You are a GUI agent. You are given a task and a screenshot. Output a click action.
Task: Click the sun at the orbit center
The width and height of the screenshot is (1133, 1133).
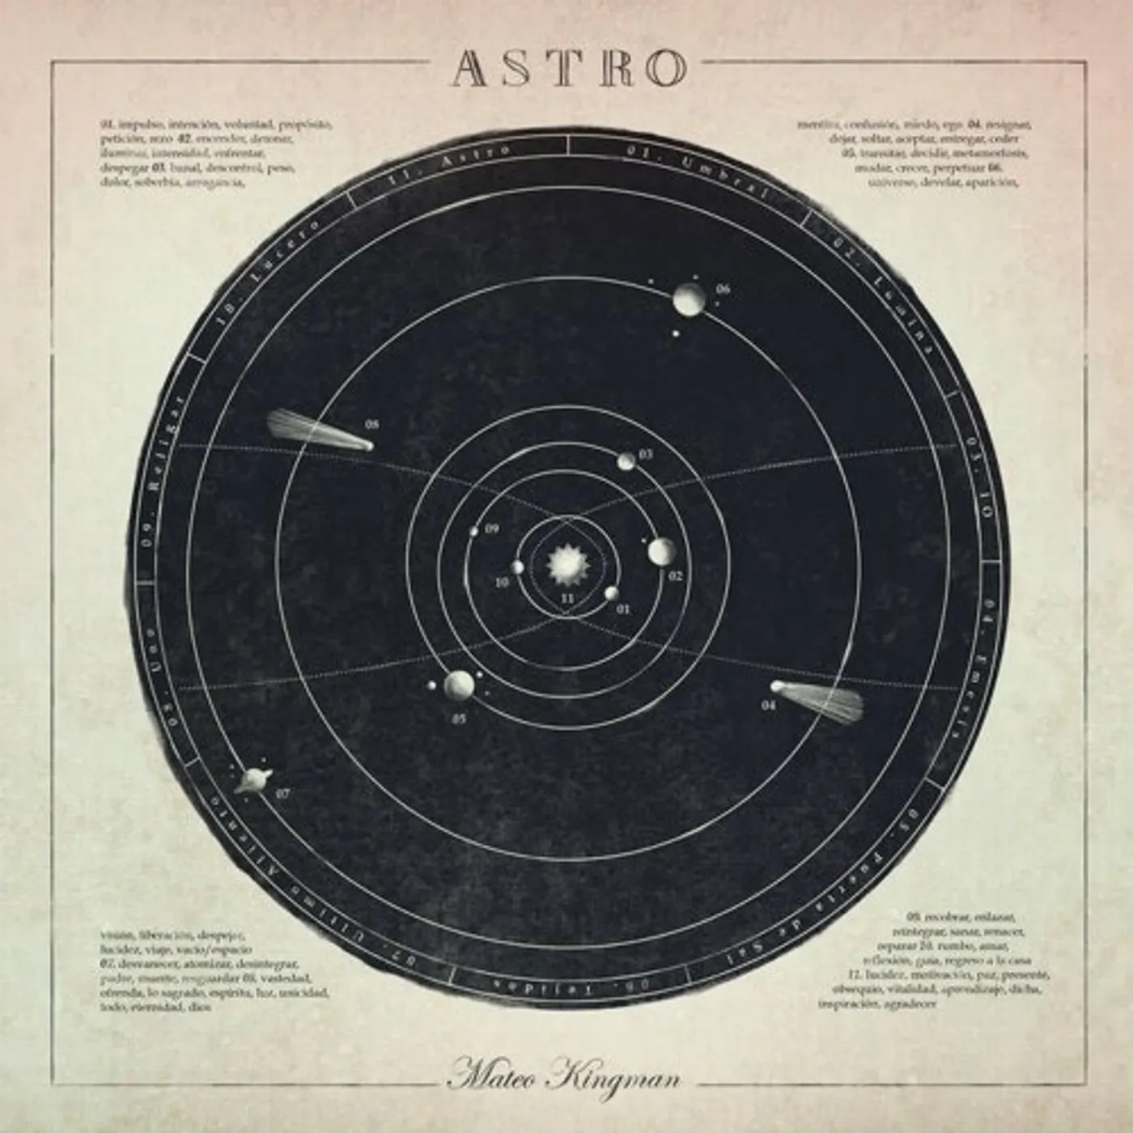565,564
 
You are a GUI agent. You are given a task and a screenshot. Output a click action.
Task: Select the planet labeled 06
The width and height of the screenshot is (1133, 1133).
690,299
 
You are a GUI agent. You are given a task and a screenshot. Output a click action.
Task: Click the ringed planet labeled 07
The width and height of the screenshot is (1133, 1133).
248,780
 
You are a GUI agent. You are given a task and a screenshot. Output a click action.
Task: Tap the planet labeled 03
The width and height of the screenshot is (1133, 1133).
626,461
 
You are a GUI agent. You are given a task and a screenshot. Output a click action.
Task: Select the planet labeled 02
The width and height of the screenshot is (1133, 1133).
661,552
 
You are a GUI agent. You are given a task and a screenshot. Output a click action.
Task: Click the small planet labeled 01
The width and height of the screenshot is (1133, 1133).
611,593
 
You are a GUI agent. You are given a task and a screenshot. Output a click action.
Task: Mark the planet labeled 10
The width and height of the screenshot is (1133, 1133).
517,567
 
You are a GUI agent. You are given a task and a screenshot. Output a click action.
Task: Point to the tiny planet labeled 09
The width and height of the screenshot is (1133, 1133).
474,532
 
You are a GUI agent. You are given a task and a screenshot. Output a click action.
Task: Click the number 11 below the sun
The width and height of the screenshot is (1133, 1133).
567,598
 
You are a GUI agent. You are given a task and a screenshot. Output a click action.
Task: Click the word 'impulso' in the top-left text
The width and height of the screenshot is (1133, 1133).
140,125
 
